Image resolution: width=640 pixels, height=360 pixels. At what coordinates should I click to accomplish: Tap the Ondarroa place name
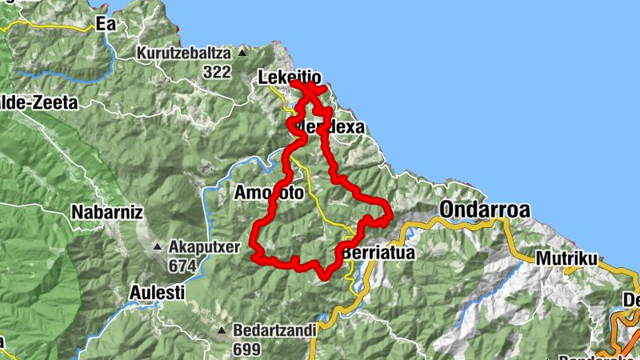tap(484, 210)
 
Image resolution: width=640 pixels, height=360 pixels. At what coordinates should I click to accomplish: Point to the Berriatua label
tap(379, 254)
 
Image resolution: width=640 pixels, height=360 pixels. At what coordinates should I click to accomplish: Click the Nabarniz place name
tap(106, 213)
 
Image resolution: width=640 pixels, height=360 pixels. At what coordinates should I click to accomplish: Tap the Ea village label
tap(106, 24)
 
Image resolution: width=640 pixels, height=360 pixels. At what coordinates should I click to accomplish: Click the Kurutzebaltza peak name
tap(185, 54)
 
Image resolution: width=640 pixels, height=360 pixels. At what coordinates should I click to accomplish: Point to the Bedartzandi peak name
tap(274, 330)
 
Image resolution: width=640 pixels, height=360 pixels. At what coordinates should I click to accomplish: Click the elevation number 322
tap(216, 72)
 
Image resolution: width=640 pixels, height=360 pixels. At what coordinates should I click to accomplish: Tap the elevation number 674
tap(182, 265)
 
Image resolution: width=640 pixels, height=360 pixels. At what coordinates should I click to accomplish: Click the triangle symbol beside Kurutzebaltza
tap(242, 54)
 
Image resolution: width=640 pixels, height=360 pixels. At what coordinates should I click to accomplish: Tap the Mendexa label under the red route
tap(330, 128)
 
